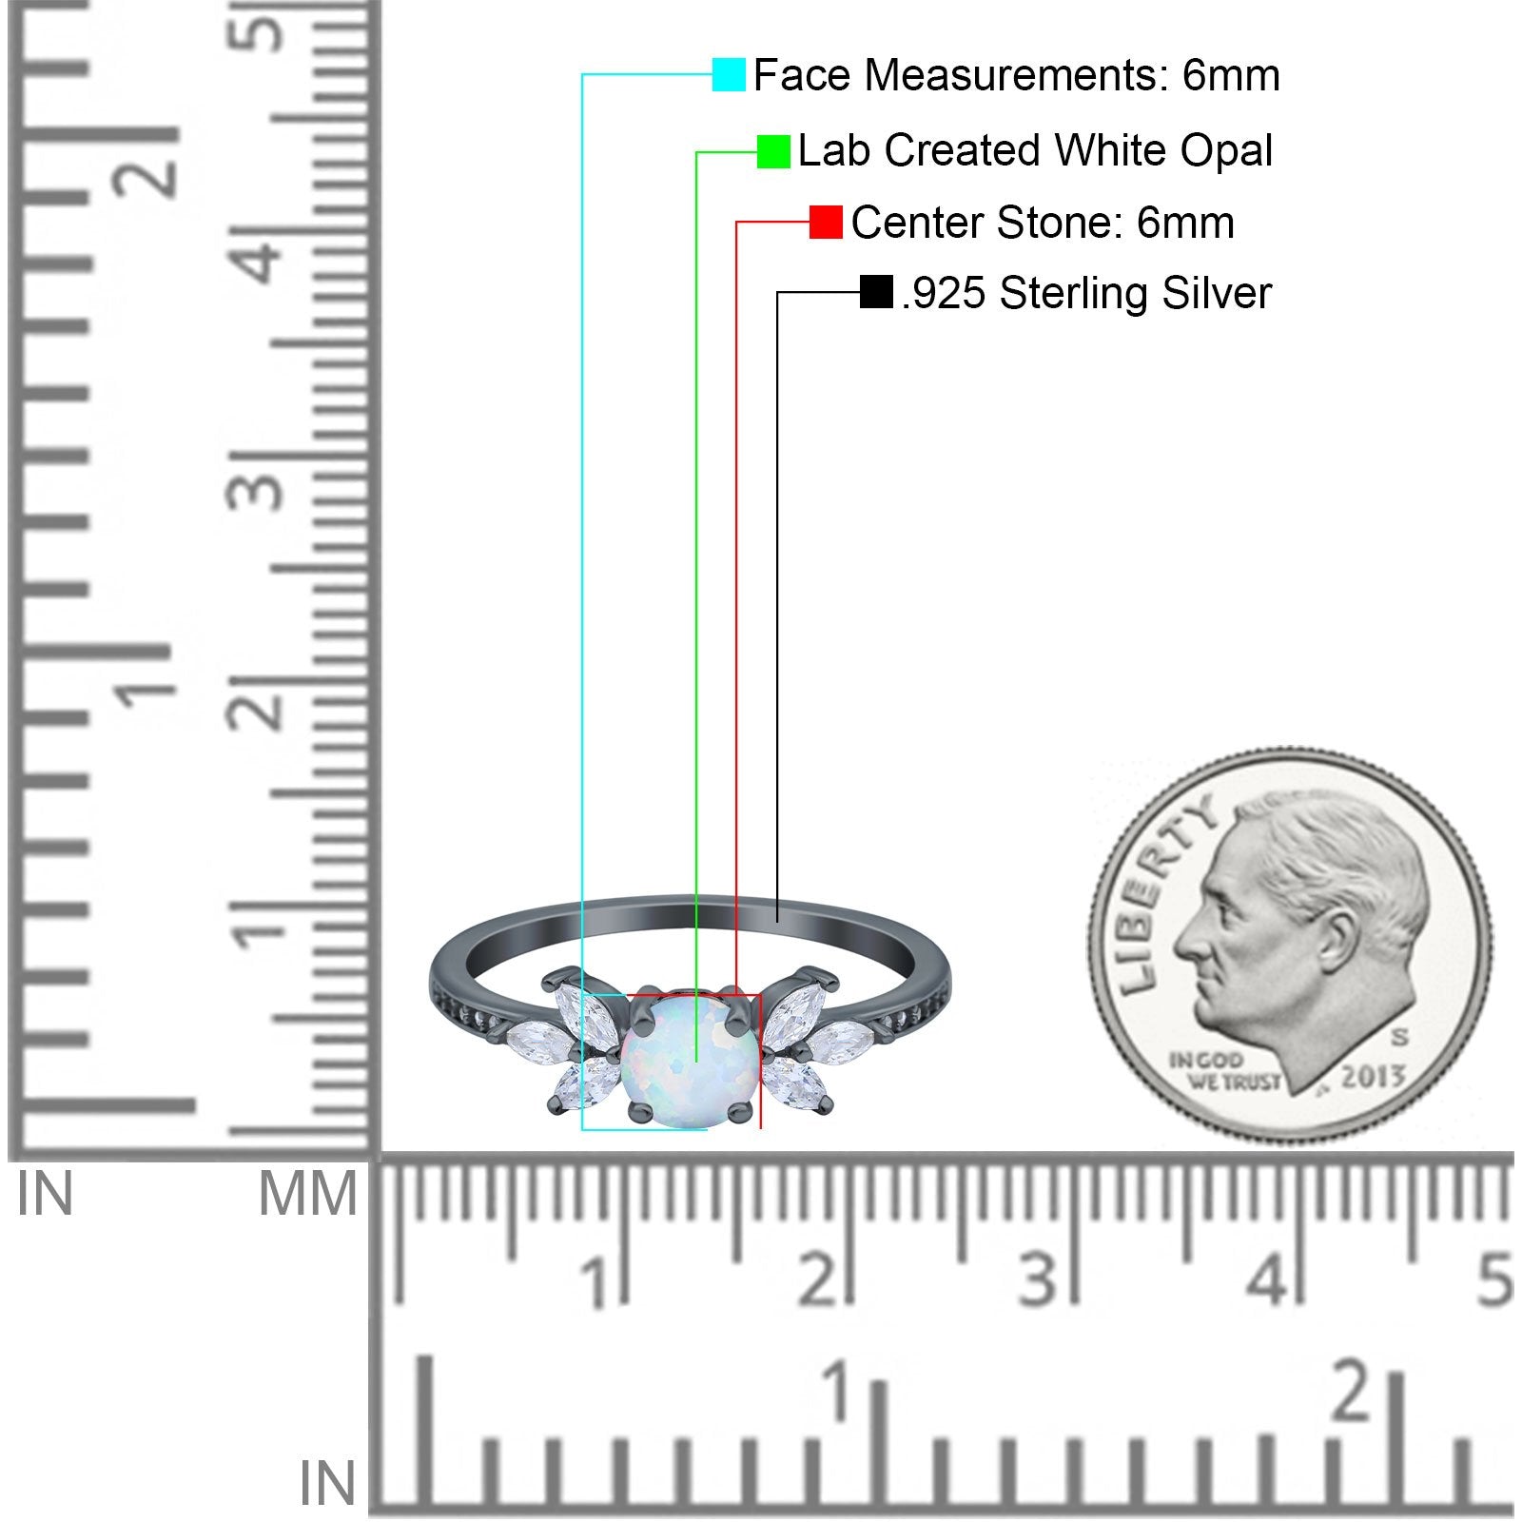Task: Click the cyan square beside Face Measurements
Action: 729,74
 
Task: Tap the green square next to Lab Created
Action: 773,151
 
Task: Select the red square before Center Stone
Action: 826,223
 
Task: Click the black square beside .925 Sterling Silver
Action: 876,292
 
